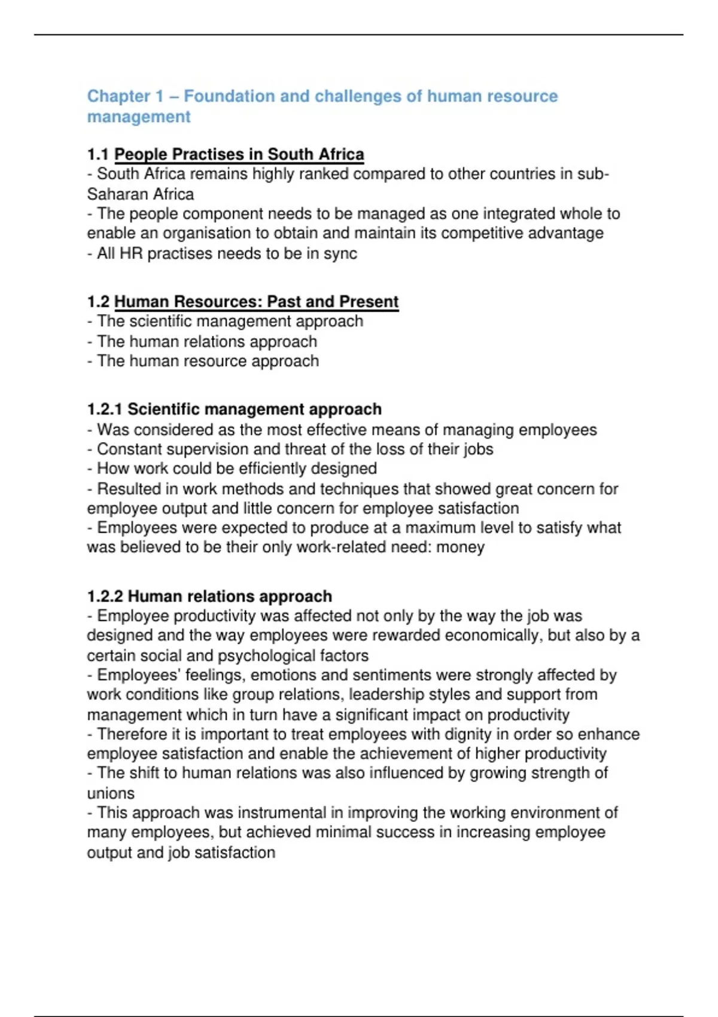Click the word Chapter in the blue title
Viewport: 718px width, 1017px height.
(118, 96)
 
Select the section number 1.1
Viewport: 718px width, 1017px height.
(98, 154)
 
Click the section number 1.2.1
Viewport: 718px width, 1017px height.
(105, 409)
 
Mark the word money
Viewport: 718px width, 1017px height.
(460, 547)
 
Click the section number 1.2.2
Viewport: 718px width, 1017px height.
(105, 596)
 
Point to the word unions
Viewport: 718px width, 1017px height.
(111, 793)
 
